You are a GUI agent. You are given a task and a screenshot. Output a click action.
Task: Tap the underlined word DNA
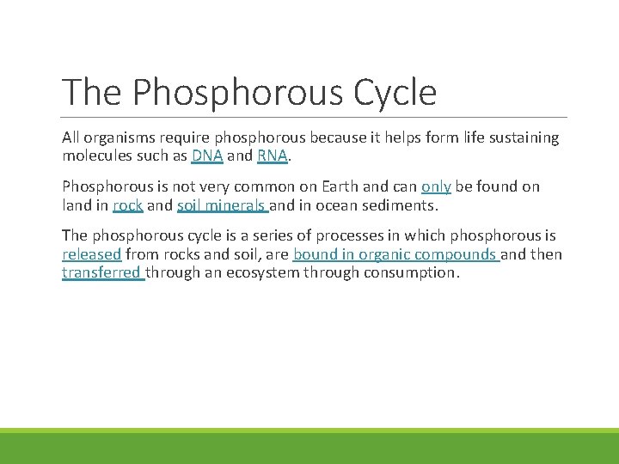[207, 156]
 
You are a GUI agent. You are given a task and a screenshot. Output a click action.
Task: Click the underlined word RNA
[273, 156]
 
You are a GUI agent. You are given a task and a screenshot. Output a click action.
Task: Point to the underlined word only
[436, 186]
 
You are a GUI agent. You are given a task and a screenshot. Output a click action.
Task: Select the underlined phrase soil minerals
[222, 205]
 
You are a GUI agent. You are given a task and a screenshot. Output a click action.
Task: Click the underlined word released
[92, 254]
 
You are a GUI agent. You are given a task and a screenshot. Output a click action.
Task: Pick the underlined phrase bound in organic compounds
[395, 254]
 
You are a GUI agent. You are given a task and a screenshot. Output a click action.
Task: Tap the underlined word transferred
[102, 272]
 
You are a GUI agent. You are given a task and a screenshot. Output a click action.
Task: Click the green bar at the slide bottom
[309, 447]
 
